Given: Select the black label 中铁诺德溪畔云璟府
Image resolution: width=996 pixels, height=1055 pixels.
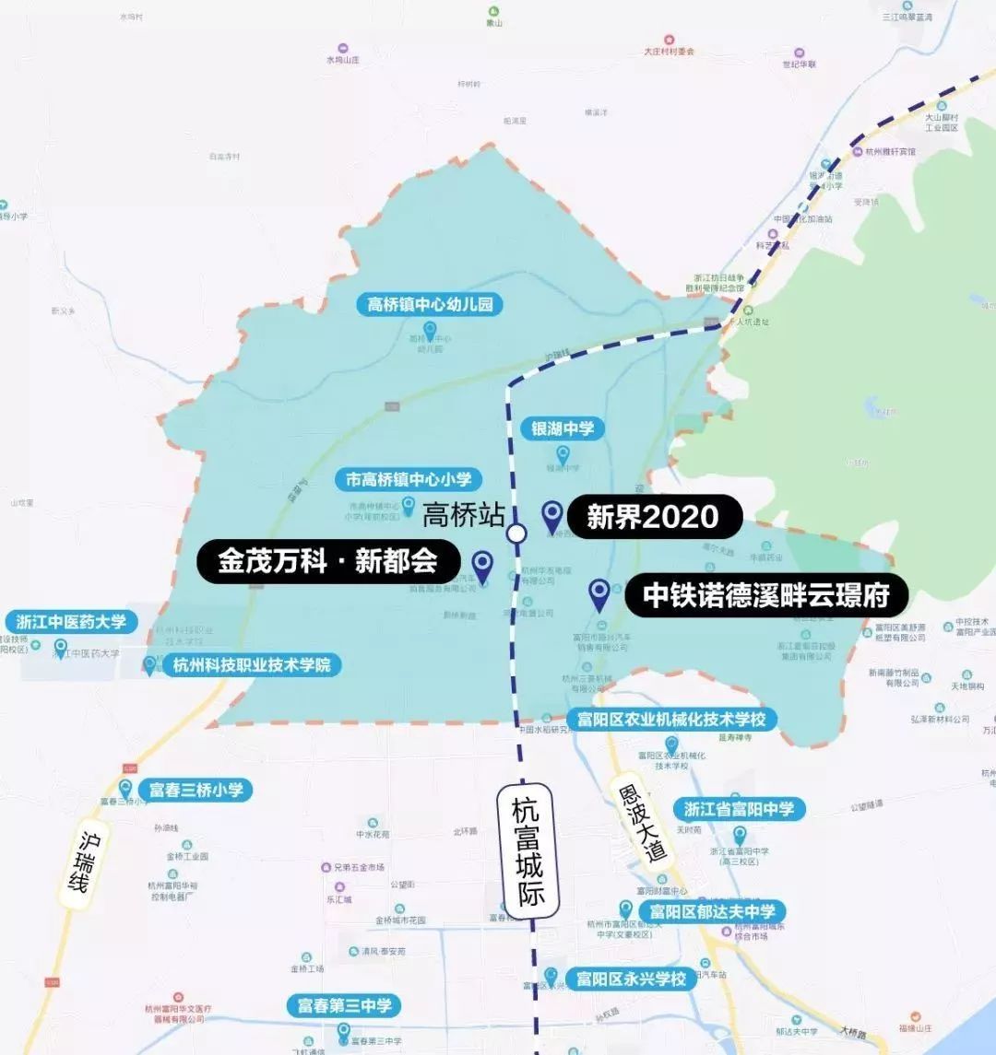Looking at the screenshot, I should click(765, 596).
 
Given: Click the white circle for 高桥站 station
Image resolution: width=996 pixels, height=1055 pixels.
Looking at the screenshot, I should click(516, 533).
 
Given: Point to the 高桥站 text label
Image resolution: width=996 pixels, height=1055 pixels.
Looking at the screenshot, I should click(463, 514).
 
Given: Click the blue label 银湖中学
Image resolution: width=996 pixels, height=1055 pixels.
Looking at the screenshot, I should click(563, 428).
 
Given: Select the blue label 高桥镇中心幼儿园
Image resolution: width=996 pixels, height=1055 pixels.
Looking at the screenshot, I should click(430, 305).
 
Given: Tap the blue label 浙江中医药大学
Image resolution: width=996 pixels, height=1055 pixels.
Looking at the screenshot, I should click(71, 621).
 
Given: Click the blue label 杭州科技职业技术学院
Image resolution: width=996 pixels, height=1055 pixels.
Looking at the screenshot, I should click(251, 664).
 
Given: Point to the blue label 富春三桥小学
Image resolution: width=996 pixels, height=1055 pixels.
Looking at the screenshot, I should click(195, 790).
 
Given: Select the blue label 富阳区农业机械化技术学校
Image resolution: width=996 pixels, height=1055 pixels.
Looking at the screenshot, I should click(671, 719).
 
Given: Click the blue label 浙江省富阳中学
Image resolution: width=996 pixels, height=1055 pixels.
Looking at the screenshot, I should click(739, 809).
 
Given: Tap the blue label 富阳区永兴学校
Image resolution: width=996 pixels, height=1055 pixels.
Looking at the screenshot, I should click(632, 979).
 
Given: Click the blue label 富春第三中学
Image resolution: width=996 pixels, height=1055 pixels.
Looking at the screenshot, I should click(344, 1005).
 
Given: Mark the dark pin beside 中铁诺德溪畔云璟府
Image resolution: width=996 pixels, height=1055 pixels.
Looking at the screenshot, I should click(599, 594).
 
